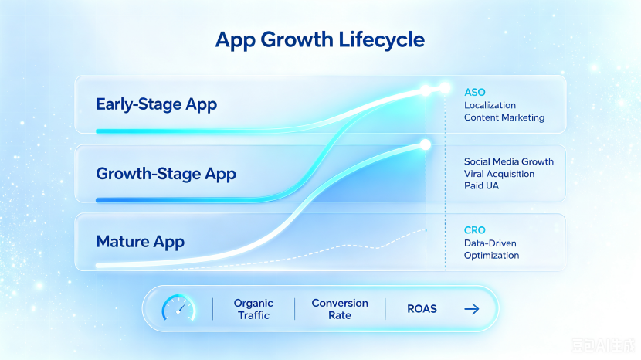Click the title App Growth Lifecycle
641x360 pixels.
(320, 40)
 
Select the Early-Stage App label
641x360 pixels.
(157, 104)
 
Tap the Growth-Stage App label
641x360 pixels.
(166, 174)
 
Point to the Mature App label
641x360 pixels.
(141, 242)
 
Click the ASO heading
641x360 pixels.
(475, 93)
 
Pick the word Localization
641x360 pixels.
(490, 105)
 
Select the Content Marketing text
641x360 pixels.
(504, 117)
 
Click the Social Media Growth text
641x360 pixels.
(508, 161)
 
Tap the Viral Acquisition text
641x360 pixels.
(499, 174)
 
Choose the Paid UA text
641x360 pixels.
(481, 185)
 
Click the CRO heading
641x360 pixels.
(475, 230)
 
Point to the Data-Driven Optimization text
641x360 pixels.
(491, 249)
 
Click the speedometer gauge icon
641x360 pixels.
(178, 307)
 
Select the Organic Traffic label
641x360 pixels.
(253, 309)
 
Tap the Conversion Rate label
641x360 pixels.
(340, 309)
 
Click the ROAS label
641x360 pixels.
(422, 309)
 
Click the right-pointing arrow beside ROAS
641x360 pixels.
(472, 309)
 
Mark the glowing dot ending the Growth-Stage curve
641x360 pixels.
(426, 144)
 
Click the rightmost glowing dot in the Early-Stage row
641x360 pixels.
(445, 87)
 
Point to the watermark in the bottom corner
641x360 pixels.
(603, 345)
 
